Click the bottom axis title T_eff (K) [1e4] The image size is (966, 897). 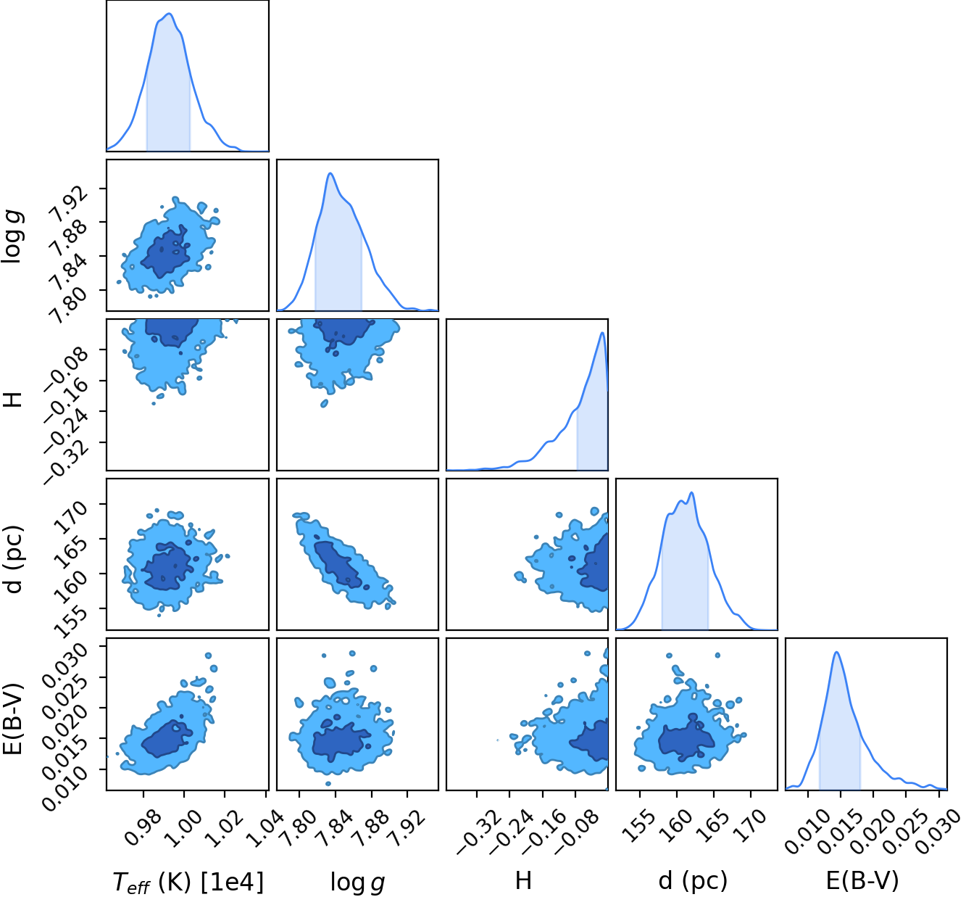[188, 882]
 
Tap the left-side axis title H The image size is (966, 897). [13, 400]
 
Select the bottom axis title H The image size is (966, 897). [523, 880]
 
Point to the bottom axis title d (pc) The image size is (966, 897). [693, 881]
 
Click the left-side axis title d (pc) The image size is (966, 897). [13, 560]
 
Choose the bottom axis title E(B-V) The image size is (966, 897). [862, 881]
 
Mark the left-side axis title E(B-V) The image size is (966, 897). [13, 719]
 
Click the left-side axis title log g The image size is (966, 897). [13, 236]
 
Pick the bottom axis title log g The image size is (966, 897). [357, 882]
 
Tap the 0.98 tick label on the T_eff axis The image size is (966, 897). [142, 819]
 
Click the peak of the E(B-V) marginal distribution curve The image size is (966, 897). [836, 652]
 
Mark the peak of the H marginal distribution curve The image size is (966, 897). [603, 332]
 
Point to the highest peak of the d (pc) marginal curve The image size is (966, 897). [691, 492]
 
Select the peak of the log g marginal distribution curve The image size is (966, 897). [330, 173]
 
